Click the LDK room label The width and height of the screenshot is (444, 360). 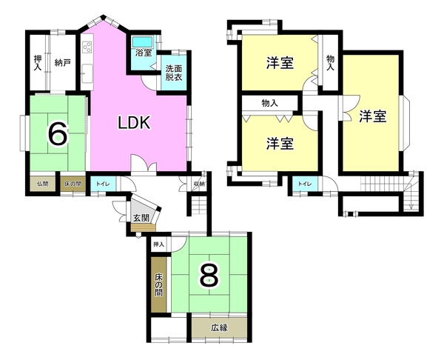pos(134,123)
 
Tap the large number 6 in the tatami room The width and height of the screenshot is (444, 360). pos(58,133)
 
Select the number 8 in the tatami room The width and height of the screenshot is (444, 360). pos(209,275)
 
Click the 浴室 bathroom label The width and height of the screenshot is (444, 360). pos(144,53)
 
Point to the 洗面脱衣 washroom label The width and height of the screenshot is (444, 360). pos(174,73)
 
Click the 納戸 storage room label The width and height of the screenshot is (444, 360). pos(62,63)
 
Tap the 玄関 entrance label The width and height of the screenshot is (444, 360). pos(141,218)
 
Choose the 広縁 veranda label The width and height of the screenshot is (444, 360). pos(219,328)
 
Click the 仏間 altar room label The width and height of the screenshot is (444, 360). pos(42,184)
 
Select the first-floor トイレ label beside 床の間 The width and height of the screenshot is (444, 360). pos(103,184)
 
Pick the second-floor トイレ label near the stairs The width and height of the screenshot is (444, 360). pos(304,184)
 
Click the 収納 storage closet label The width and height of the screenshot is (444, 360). pos(198,184)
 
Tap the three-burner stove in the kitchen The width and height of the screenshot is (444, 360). pos(87,47)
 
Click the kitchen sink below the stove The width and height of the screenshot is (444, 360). pos(87,73)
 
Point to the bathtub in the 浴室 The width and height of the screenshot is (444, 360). pos(143,42)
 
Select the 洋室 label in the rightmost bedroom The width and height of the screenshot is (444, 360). pos(373,116)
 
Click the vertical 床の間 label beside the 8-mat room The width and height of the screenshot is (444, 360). pos(158,284)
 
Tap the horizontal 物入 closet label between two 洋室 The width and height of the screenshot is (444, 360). pos(269,103)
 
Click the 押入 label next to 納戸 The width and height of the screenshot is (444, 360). pos(38,63)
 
